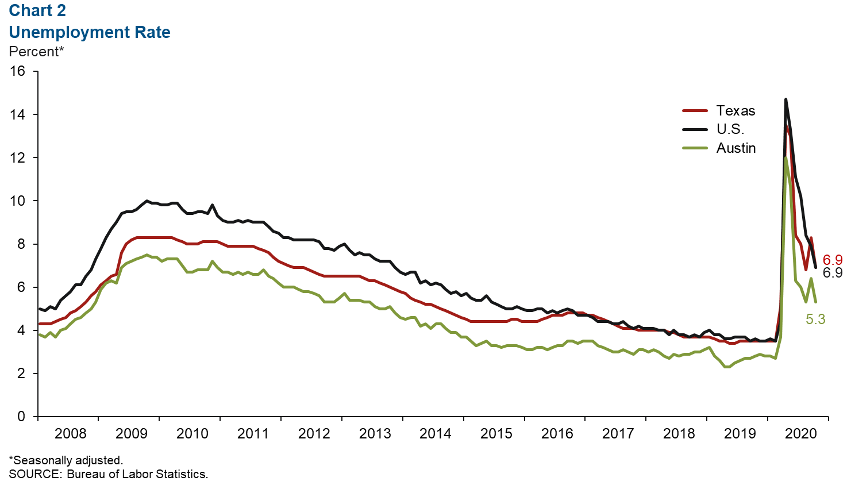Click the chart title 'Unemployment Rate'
[90, 32]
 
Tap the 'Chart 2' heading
[37, 10]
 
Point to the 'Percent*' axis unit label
[36, 52]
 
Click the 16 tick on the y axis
[18, 71]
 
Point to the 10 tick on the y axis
[18, 201]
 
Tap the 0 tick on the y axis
[21, 417]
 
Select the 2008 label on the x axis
[70, 434]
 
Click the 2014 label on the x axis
[435, 434]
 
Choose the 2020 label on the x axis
[800, 434]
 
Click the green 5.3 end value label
[815, 320]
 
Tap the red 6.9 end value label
[833, 260]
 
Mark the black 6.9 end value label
[833, 273]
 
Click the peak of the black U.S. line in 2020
[785, 100]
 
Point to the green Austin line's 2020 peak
[785, 158]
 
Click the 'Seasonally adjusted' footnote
[66, 460]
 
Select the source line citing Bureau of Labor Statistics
[108, 475]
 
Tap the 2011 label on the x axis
[253, 434]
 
